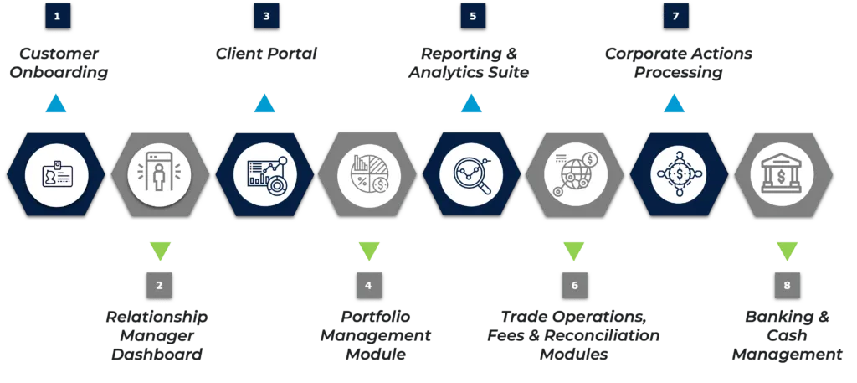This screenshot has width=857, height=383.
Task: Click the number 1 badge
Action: (x=57, y=16)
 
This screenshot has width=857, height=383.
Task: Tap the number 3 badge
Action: (x=266, y=16)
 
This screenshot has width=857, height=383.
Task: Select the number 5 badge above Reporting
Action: (x=473, y=16)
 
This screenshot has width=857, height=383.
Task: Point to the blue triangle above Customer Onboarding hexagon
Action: (x=55, y=105)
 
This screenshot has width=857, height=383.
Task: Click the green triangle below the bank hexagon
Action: (x=787, y=250)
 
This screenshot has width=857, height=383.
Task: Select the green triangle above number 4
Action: (x=368, y=250)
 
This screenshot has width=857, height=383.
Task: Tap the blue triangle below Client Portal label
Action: (x=264, y=105)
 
